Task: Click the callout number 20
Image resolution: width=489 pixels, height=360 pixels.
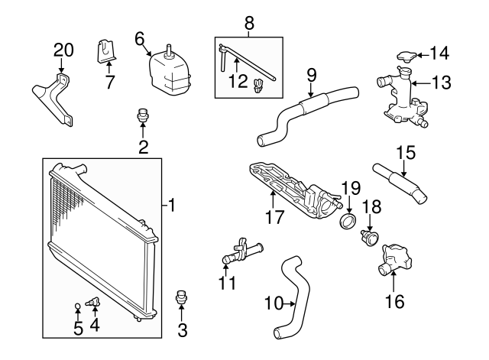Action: [64, 51]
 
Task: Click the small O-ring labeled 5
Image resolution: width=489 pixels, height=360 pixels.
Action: [77, 308]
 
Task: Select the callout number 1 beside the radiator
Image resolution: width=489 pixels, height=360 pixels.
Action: [173, 205]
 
